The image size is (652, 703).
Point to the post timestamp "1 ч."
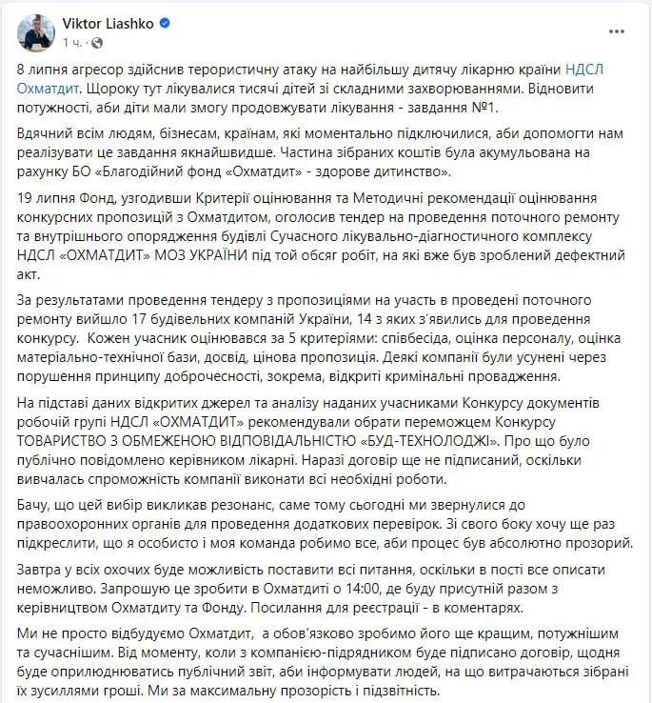coord(71,43)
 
